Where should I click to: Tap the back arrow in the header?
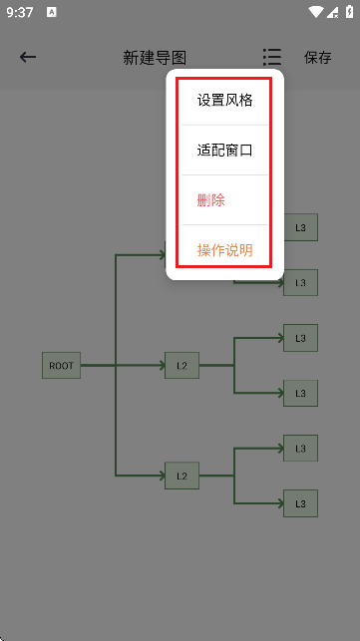pyautogui.click(x=28, y=57)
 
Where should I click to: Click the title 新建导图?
pyautogui.click(x=155, y=58)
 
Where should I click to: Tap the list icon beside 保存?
pyautogui.click(x=271, y=57)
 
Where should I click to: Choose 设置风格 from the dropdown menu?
pyautogui.click(x=224, y=100)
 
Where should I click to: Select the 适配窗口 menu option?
pyautogui.click(x=224, y=151)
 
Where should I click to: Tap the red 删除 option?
pyautogui.click(x=211, y=200)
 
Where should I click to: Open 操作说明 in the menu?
pyautogui.click(x=224, y=250)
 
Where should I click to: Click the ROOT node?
pyautogui.click(x=61, y=366)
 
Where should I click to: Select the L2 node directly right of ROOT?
pyautogui.click(x=181, y=366)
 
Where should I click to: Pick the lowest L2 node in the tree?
pyautogui.click(x=181, y=477)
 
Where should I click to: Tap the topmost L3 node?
pyautogui.click(x=300, y=227)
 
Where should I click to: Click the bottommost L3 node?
pyautogui.click(x=300, y=503)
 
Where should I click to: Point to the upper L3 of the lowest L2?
pyautogui.click(x=300, y=449)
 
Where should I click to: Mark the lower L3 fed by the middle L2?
pyautogui.click(x=300, y=393)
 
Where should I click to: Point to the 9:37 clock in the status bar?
pyautogui.click(x=19, y=13)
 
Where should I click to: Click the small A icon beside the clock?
pyautogui.click(x=51, y=13)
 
